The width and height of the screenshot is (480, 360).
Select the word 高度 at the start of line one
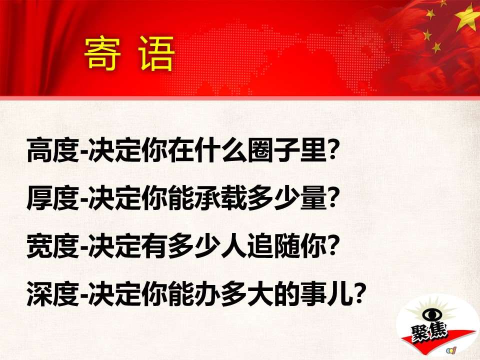[53, 150]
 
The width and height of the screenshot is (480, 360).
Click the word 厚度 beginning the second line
[53, 198]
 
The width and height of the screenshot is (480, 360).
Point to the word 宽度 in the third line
[53, 246]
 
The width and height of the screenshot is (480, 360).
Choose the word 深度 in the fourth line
[53, 294]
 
